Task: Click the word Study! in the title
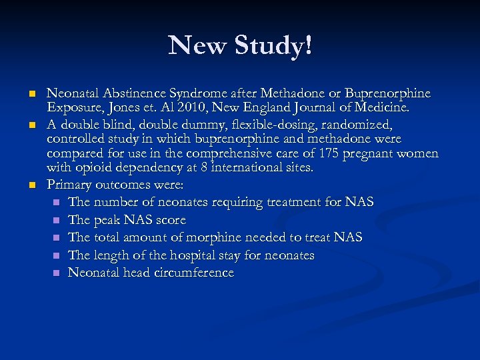[275, 46]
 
